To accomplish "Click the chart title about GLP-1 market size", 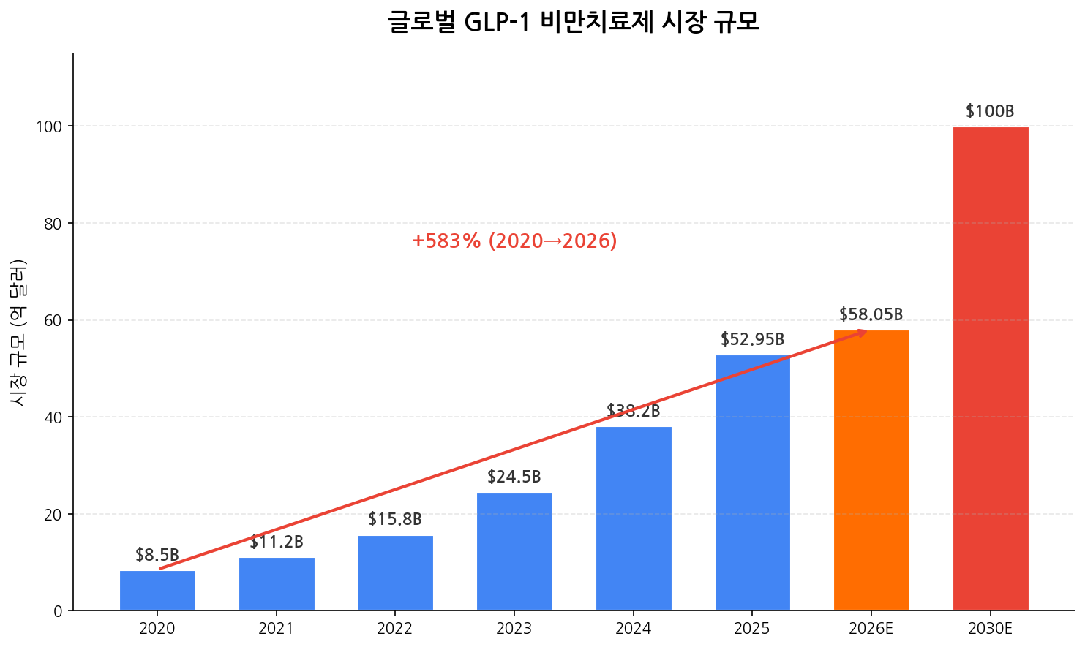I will pos(574,22).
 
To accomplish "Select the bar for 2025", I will pos(752,483).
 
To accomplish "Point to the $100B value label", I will pos(990,111).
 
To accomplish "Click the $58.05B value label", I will pos(871,314).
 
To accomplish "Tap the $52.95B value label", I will pos(752,339).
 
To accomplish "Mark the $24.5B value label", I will pos(514,477).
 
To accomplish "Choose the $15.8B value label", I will pos(395,520).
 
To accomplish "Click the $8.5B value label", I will pos(157,555).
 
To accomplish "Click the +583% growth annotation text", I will pos(514,241).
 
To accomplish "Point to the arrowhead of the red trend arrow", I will pos(863,332).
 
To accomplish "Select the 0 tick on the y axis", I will pos(59,611).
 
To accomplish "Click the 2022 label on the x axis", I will pos(395,629).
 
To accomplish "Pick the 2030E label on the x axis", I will pos(990,629).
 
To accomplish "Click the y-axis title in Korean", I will pos(18,332).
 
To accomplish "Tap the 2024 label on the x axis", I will pos(634,629).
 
